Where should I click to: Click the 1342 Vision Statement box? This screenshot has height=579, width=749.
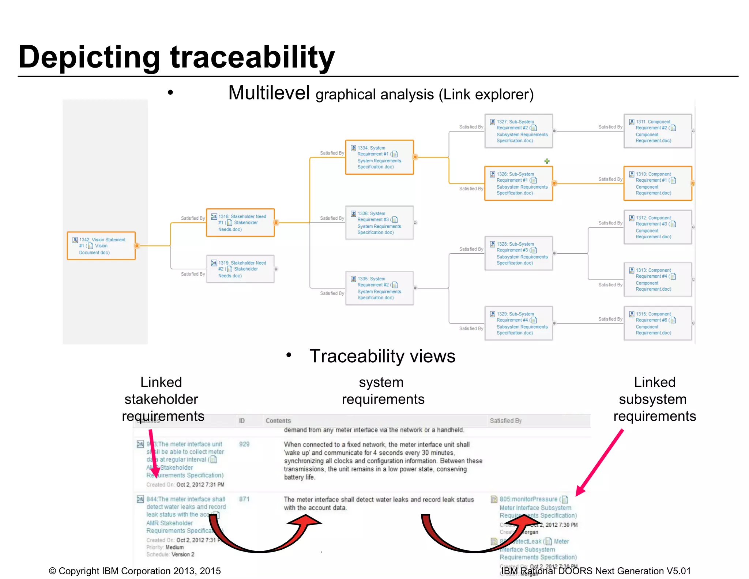coord(101,246)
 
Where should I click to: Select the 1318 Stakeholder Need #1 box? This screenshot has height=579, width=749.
coord(240,223)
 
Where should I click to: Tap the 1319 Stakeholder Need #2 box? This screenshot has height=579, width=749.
coord(240,269)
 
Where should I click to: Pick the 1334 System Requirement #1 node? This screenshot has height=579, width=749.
coord(379,157)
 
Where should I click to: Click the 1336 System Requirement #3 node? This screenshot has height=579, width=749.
coord(379,223)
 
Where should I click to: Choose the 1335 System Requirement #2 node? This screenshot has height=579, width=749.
coord(379,288)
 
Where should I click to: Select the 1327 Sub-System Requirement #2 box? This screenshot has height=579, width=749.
coord(518,131)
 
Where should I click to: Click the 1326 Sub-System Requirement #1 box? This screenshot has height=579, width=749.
coord(518,183)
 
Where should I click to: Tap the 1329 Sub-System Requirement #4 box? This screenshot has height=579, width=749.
coord(518,323)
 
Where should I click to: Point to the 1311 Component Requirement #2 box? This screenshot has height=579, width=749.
coord(657,131)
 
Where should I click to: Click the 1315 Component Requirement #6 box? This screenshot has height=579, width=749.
coord(657,323)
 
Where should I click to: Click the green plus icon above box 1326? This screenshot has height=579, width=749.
coord(547,161)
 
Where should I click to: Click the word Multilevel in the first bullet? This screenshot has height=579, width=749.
coord(269,93)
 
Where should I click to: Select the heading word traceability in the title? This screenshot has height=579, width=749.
coord(252,57)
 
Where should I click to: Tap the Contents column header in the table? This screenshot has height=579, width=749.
coord(278,421)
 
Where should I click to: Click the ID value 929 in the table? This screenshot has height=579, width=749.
coord(244,444)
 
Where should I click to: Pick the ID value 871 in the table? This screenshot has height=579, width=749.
coord(244,499)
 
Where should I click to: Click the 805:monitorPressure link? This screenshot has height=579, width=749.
coord(528,499)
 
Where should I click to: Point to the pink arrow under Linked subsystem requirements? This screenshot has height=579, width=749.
coord(600,462)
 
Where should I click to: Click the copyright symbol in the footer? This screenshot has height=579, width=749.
coord(52,571)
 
